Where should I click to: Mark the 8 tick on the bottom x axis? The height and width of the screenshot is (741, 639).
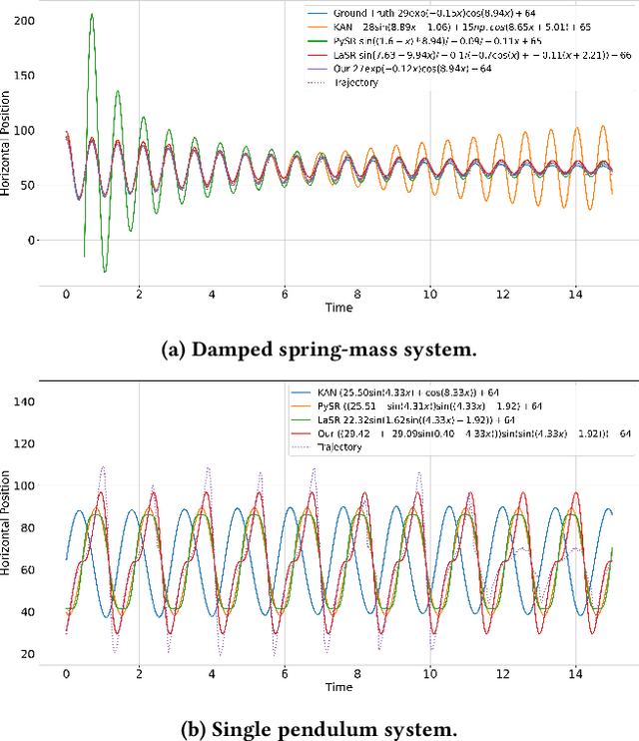pyautogui.click(x=357, y=674)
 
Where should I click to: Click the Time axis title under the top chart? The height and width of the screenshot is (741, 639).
pyautogui.click(x=338, y=309)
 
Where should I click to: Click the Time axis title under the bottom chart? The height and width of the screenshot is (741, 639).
pyautogui.click(x=338, y=688)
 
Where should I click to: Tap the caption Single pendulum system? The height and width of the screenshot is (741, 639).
pyautogui.click(x=319, y=729)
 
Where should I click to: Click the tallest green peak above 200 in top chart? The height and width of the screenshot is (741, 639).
pyautogui.click(x=92, y=15)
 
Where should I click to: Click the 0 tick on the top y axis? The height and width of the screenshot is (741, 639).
pyautogui.click(x=32, y=241)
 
